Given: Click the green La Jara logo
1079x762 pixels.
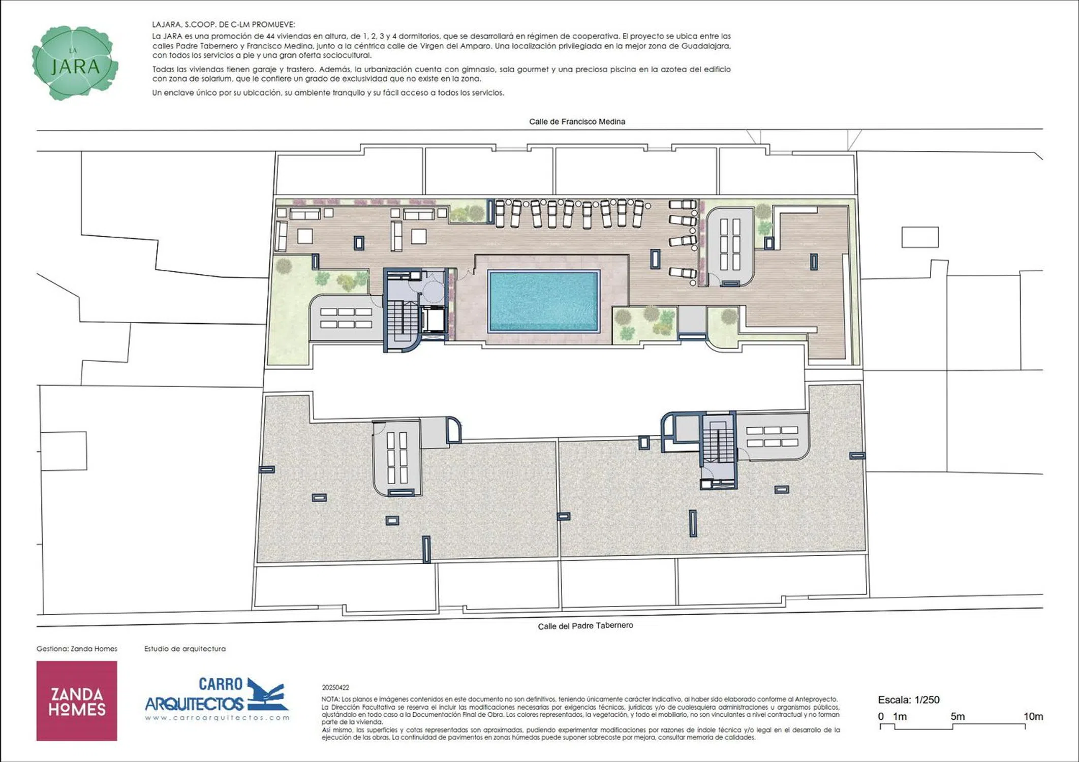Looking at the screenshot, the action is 75,63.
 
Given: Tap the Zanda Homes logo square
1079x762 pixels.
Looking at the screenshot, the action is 77,701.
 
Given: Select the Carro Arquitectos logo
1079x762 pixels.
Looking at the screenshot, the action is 217,698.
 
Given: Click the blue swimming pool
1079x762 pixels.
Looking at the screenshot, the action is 543,301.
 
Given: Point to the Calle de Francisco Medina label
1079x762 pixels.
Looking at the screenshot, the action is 577,121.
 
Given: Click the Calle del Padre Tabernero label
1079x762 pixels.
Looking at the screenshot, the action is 585,626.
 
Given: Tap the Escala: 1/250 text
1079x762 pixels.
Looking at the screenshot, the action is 909,700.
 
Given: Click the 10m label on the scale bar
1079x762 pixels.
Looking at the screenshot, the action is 1033,716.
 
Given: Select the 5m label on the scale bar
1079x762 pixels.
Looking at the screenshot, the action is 958,716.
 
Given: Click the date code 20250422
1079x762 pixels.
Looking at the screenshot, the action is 335,687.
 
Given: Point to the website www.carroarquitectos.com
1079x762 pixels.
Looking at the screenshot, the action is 217,718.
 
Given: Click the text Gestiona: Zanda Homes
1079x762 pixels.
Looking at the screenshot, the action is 77,649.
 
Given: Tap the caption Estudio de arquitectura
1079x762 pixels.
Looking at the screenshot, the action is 185,649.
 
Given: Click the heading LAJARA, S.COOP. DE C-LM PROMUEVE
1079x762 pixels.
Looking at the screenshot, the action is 223,24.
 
